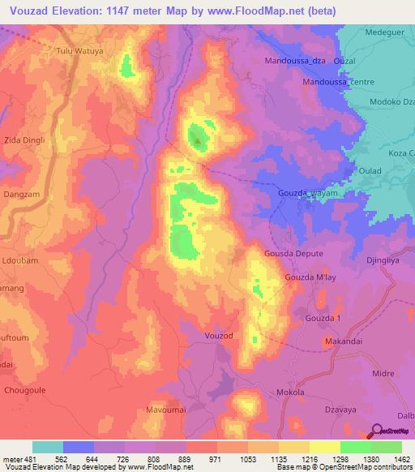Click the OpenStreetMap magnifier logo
coord(376,433)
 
